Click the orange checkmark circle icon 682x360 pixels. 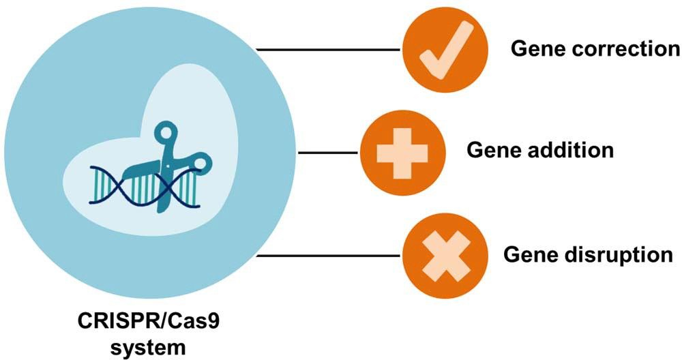(445, 50)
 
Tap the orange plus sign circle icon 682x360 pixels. (402, 152)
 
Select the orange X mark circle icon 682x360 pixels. (445, 256)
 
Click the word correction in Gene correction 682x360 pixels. (623, 49)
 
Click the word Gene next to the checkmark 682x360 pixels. (536, 49)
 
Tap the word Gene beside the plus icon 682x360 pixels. (490, 150)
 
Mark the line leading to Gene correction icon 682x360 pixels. (328, 50)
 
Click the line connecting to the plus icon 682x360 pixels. (328, 152)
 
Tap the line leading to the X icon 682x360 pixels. (328, 256)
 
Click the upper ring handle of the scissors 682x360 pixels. (167, 132)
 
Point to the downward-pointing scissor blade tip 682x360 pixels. (162, 208)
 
